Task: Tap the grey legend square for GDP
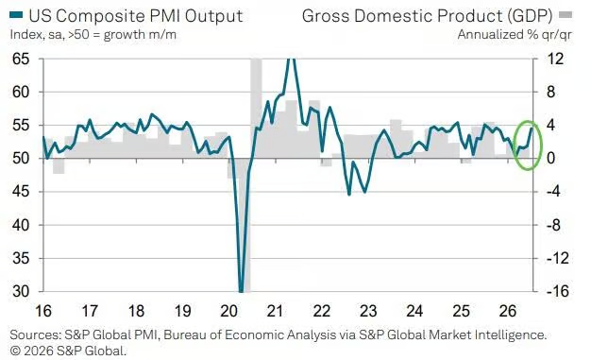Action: click(x=566, y=15)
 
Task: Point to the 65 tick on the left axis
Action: click(x=21, y=59)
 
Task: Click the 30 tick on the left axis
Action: click(x=21, y=291)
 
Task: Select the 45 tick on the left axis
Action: click(x=21, y=192)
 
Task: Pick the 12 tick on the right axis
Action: click(x=554, y=59)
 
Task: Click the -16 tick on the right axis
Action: click(x=555, y=291)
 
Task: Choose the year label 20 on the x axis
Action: click(x=229, y=311)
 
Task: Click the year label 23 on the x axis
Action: click(x=368, y=311)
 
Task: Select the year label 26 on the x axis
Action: click(x=508, y=311)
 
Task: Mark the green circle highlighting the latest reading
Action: click(x=516, y=146)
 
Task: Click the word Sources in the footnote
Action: click(x=35, y=334)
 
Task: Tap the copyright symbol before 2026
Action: click(x=15, y=351)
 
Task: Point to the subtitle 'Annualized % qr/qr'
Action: click(x=515, y=35)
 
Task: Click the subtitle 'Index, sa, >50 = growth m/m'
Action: click(x=93, y=35)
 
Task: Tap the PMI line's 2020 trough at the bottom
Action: click(x=242, y=291)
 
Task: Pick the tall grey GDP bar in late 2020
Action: click(x=256, y=109)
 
